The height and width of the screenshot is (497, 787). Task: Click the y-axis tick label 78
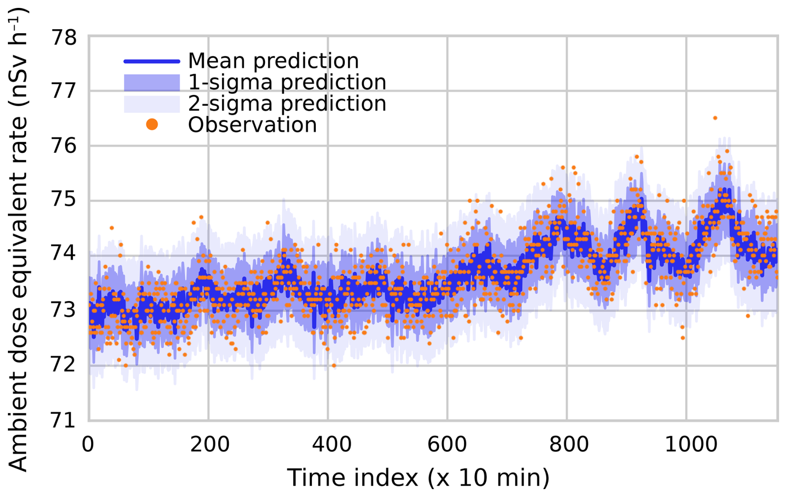tap(64, 38)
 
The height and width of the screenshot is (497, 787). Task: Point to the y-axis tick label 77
tap(64, 91)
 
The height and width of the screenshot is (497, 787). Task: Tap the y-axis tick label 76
tap(64, 146)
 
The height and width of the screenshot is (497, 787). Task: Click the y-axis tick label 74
tap(64, 253)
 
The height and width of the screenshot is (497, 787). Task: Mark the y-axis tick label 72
tap(64, 365)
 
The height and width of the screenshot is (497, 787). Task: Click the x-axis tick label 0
tap(88, 445)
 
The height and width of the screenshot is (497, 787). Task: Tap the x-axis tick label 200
tap(210, 445)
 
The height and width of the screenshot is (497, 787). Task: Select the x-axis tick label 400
tap(332, 445)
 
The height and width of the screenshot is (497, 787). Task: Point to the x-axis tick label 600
tap(447, 445)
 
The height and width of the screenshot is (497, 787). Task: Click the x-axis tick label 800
tap(569, 445)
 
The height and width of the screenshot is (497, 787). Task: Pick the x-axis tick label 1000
tap(691, 445)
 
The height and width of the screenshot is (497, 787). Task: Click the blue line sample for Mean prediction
tap(152, 62)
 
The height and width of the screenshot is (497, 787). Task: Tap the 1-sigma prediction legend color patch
tap(152, 82)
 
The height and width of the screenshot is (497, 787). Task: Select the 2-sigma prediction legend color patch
tap(152, 104)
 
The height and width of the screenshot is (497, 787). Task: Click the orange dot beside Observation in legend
tap(152, 124)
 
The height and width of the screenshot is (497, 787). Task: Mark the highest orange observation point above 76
tap(715, 118)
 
